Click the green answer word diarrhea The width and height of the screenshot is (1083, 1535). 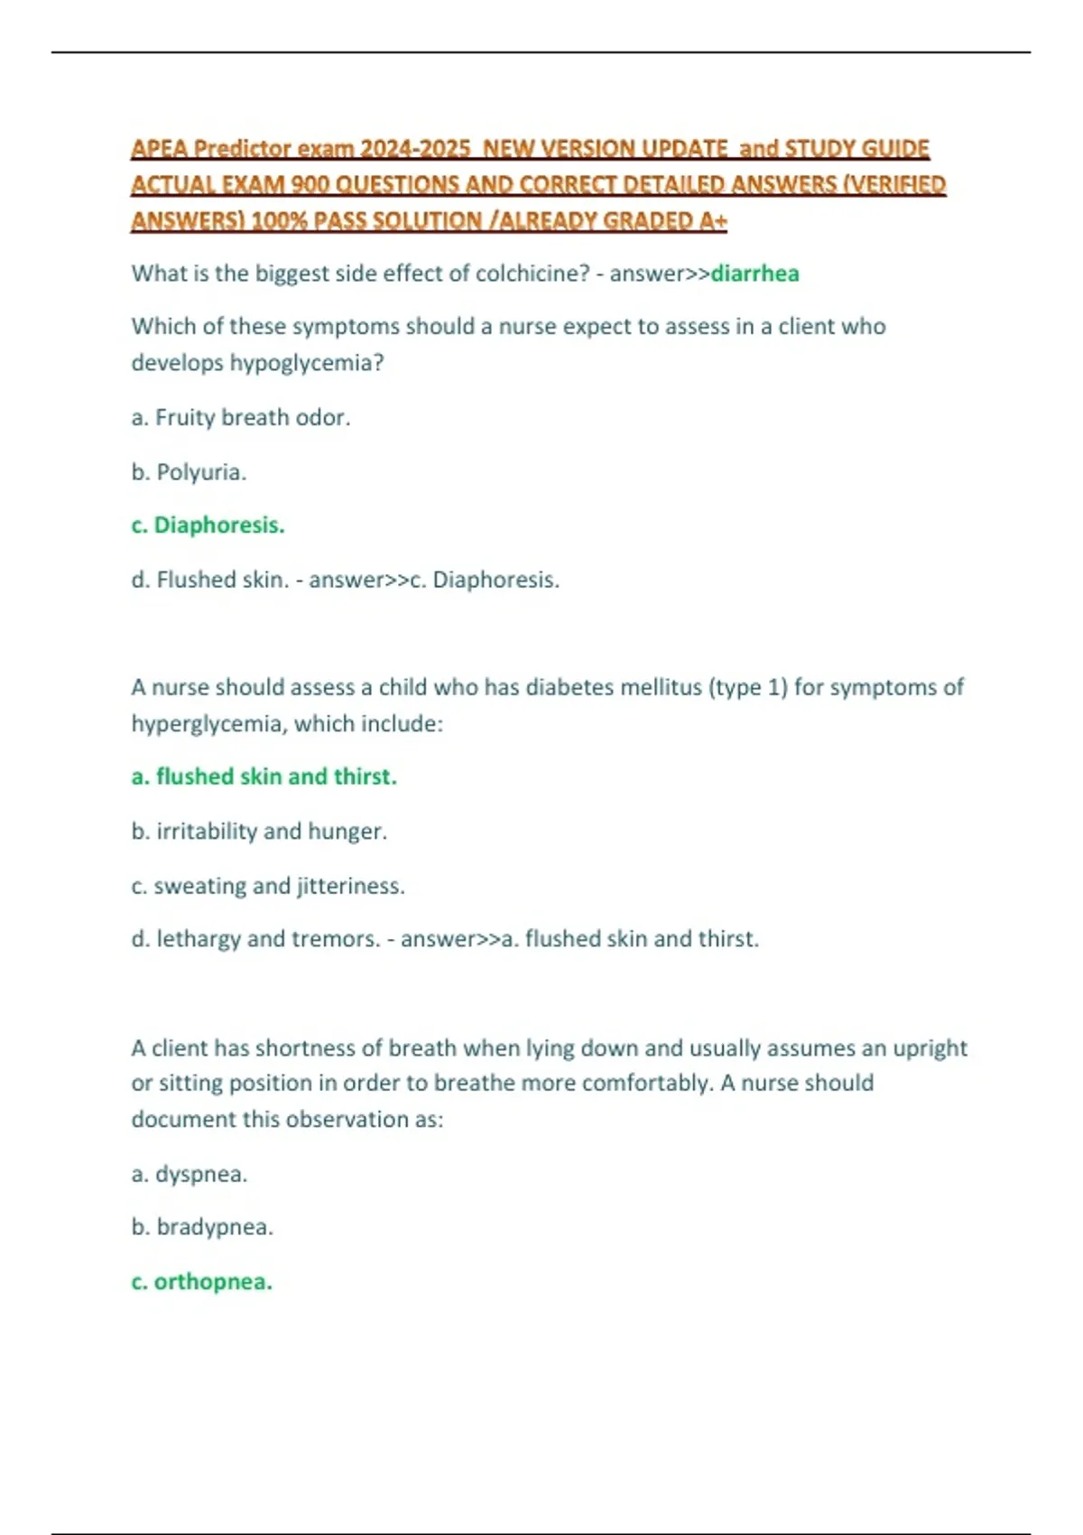(x=754, y=274)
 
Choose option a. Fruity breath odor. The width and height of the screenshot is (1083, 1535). (x=241, y=417)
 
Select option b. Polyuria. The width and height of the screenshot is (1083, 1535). (x=189, y=471)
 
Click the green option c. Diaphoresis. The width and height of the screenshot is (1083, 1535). (x=208, y=526)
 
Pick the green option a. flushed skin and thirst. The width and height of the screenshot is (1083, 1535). (x=264, y=777)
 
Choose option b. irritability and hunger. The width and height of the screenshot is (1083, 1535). (x=259, y=831)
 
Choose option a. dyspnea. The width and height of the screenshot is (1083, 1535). (x=190, y=1174)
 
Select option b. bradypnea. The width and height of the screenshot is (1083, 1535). (x=202, y=1227)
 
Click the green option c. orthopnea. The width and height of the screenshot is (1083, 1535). (x=202, y=1282)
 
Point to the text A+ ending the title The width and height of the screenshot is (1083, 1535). (x=713, y=221)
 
